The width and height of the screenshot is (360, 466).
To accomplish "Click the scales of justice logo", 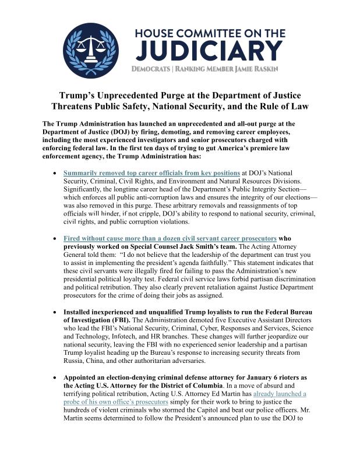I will pyautogui.click(x=90, y=50).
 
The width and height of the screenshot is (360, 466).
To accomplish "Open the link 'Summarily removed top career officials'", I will pyautogui.click(x=151, y=173).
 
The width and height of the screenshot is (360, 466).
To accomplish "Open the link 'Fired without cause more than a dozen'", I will pyautogui.click(x=170, y=238).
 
